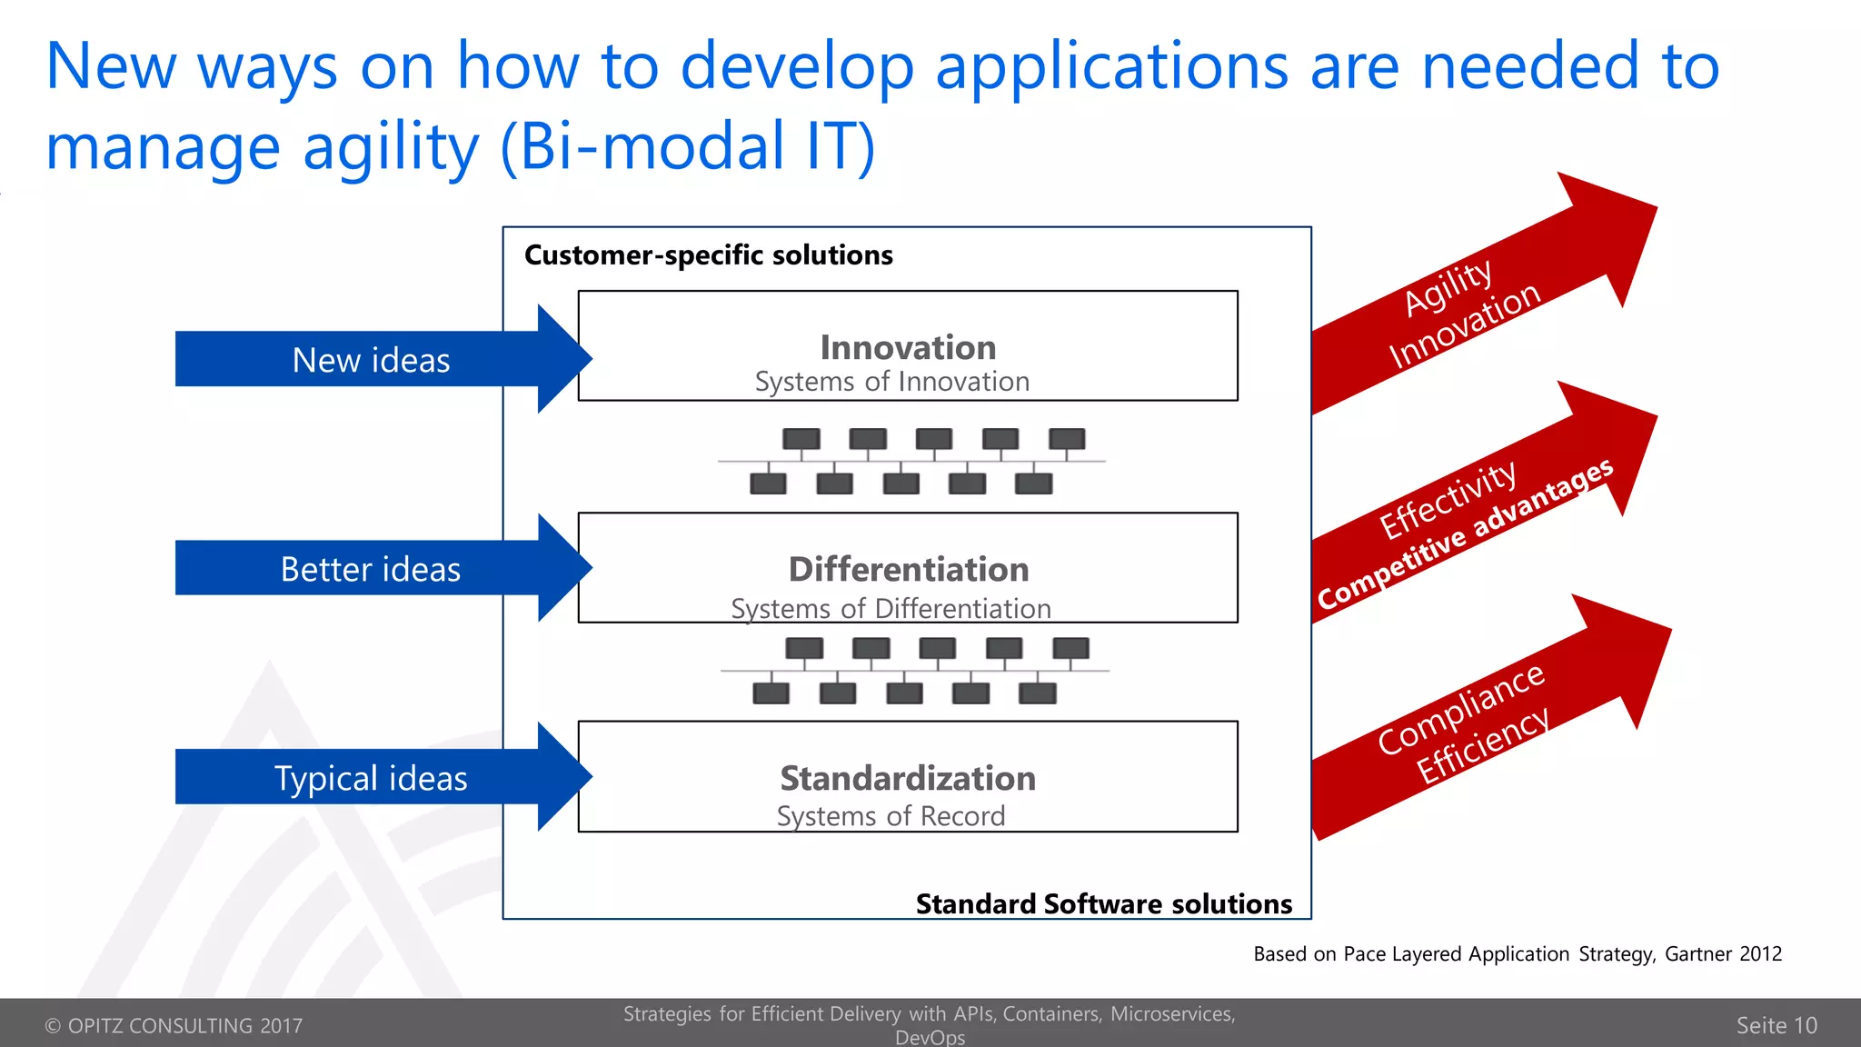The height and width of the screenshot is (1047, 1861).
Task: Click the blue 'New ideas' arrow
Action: click(371, 360)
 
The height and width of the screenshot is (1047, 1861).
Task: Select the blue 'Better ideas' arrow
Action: click(371, 569)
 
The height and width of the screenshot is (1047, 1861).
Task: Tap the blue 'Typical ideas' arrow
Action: click(371, 778)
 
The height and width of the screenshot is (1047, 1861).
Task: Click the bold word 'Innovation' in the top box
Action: click(908, 347)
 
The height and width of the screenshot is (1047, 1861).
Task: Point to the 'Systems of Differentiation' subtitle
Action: click(891, 608)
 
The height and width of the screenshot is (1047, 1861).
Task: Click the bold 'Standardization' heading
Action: click(908, 778)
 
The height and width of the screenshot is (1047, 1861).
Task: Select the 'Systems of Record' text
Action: click(891, 815)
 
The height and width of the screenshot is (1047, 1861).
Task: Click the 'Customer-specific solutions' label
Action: click(708, 254)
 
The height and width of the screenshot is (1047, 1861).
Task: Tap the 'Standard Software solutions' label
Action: click(1103, 903)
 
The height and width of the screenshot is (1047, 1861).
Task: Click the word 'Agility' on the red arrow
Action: click(1448, 286)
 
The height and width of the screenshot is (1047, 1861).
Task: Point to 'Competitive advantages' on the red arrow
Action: click(1465, 534)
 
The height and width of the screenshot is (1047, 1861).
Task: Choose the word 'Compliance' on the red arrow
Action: click(1460, 709)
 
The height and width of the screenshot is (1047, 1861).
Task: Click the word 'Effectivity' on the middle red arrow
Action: click(1448, 499)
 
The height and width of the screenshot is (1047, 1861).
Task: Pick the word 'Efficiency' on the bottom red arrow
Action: click(1483, 745)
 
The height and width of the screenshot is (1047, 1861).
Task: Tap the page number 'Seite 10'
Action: click(1776, 1025)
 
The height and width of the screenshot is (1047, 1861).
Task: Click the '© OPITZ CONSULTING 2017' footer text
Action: click(174, 1025)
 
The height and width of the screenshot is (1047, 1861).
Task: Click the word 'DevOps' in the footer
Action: click(930, 1037)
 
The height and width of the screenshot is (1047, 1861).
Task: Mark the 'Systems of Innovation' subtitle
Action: click(891, 382)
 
